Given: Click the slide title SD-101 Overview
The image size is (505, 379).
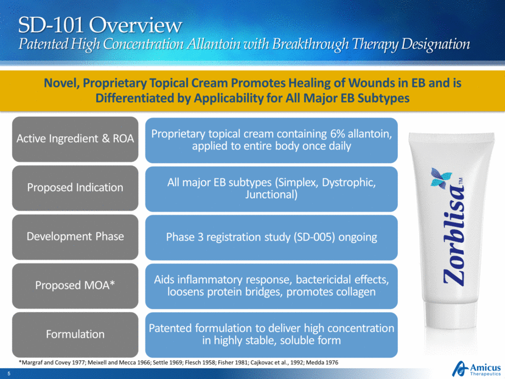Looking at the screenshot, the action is tap(100, 25).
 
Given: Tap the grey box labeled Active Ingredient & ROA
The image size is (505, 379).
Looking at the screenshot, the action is tap(75, 139).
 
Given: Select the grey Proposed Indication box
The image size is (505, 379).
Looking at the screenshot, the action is tap(75, 188).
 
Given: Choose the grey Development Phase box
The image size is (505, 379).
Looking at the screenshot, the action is tap(75, 237).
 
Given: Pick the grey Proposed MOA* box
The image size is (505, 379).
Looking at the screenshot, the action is tap(75, 286).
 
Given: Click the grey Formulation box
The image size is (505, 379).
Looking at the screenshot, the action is tap(75, 335).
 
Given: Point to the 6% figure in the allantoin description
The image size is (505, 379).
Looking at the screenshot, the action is tap(338, 134).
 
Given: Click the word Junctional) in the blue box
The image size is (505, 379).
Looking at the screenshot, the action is tap(271, 195).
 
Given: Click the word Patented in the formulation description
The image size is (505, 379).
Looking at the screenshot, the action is tap(170, 328).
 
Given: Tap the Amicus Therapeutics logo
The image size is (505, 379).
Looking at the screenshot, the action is tap(476, 369).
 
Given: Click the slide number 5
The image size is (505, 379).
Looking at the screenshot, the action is tap(9, 374).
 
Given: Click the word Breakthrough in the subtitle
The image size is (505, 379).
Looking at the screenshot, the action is tap(310, 44).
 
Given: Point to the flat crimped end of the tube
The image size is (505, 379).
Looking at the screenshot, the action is tap(451, 136).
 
